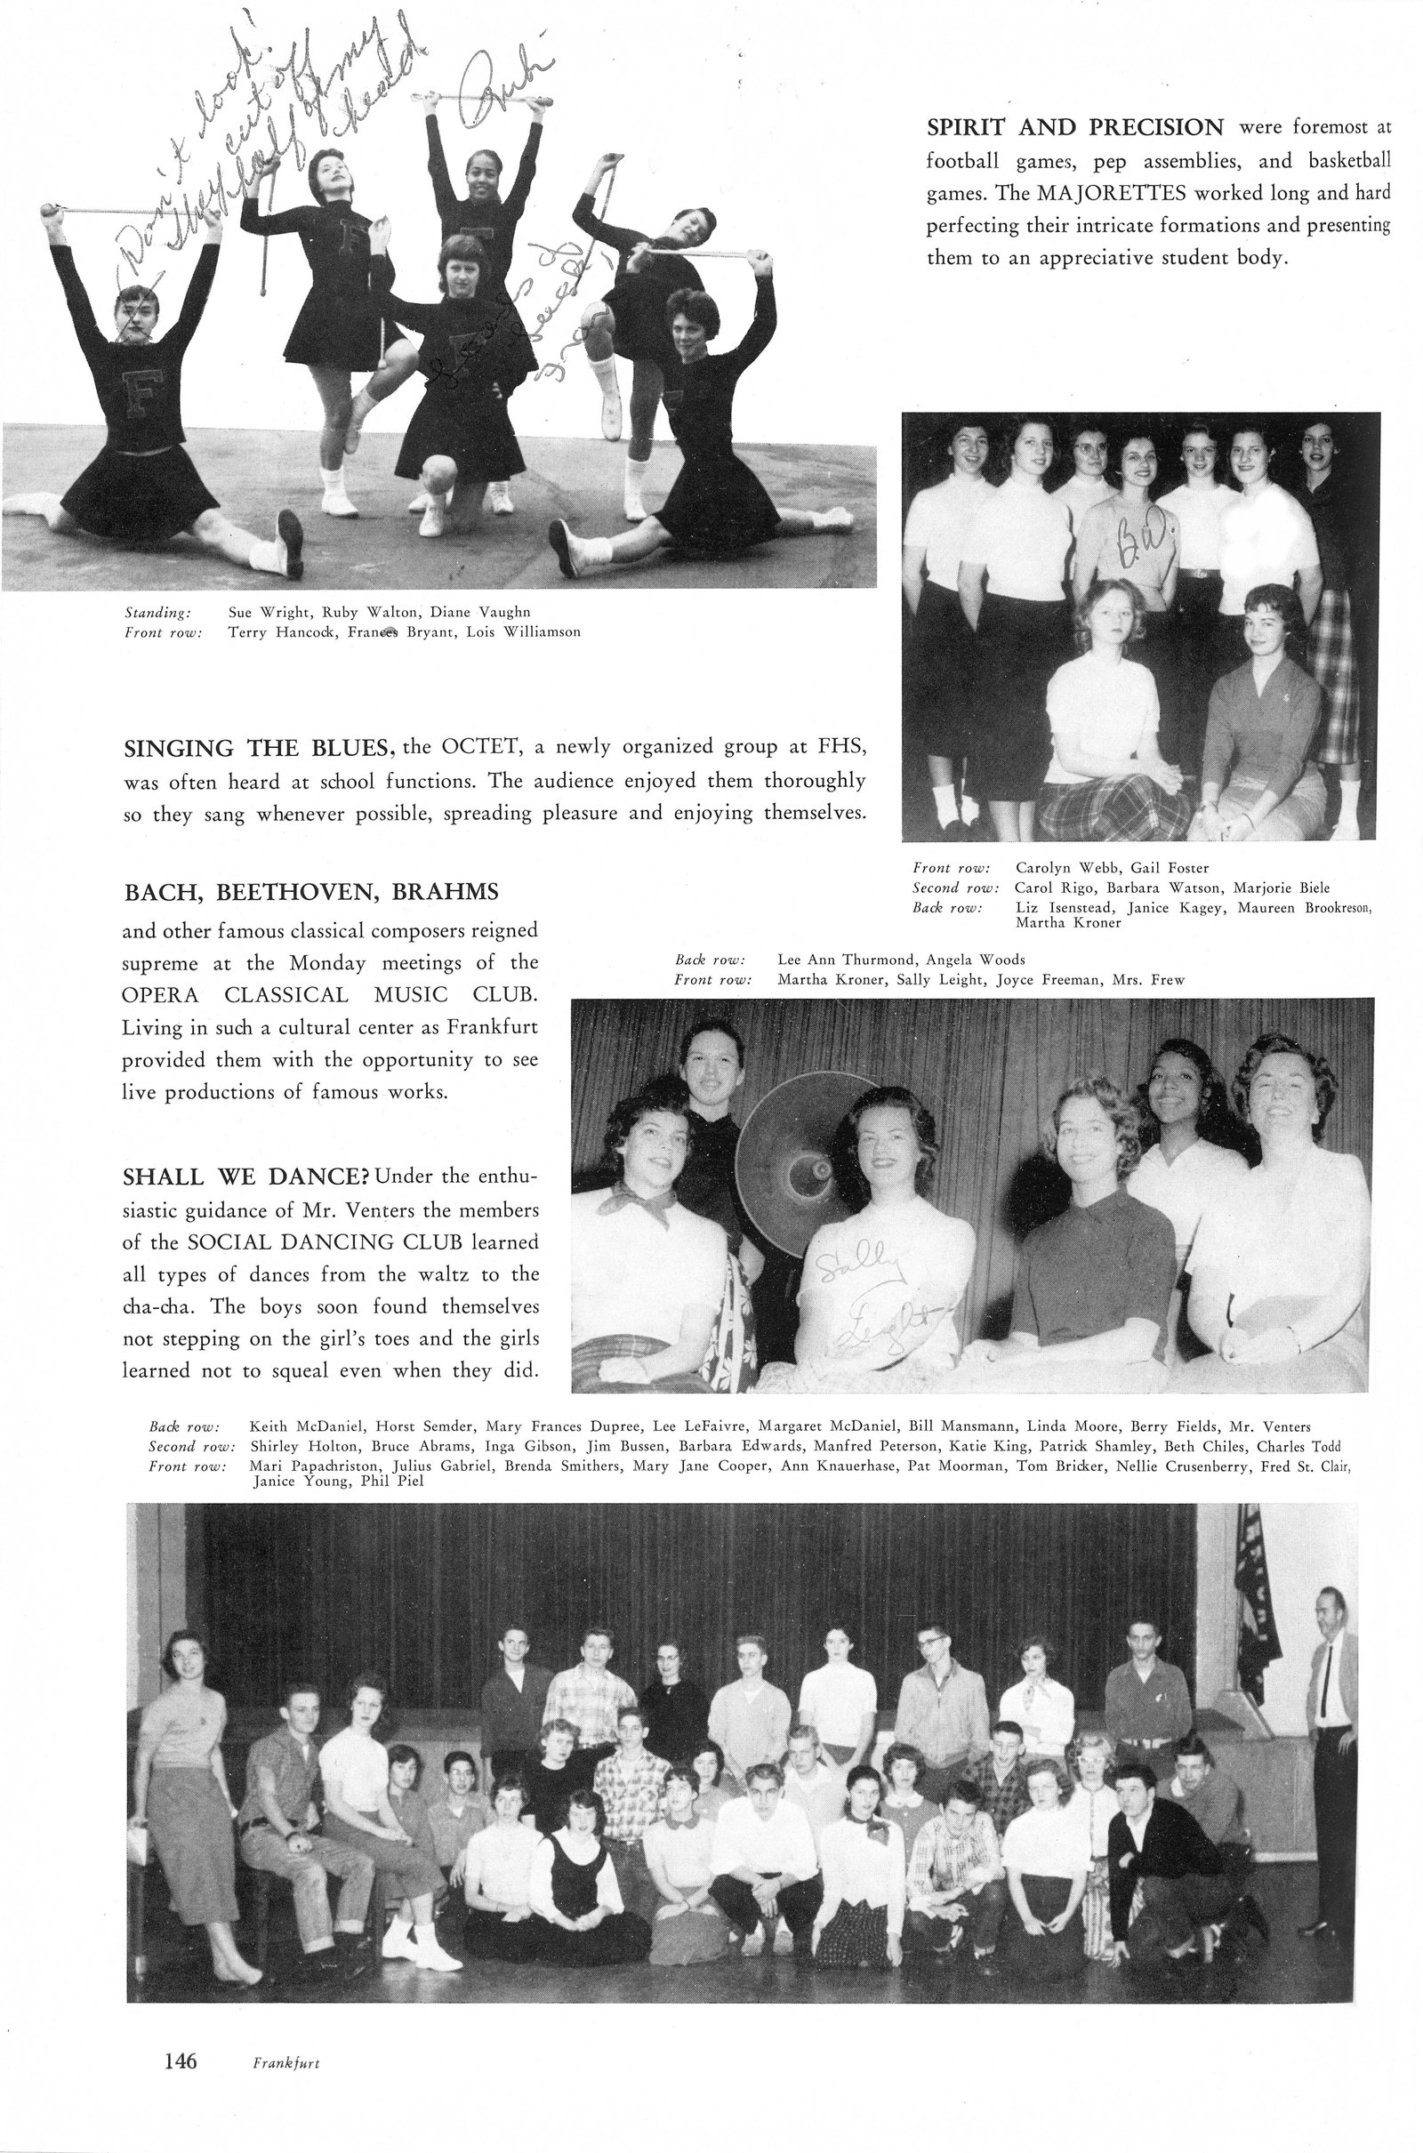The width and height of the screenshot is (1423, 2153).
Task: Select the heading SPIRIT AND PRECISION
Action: [1074, 127]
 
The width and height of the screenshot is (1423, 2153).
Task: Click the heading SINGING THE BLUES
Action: [256, 748]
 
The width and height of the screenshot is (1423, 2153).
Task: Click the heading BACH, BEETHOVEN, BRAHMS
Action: [310, 892]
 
